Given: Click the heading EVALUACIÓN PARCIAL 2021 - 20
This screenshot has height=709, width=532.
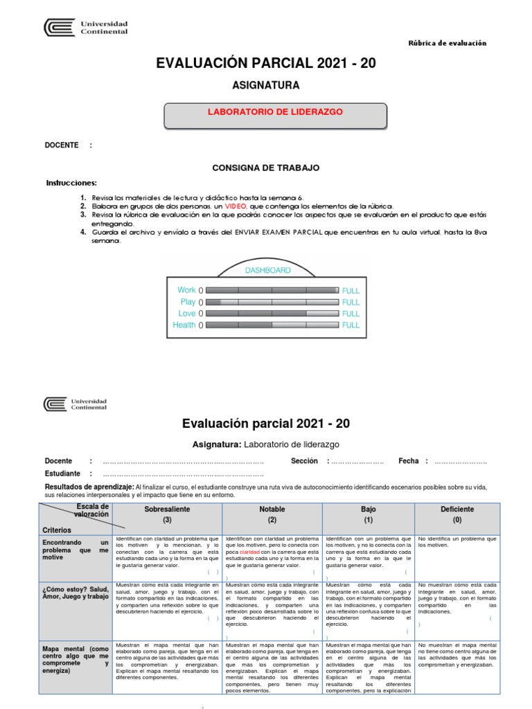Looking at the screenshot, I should (265, 63).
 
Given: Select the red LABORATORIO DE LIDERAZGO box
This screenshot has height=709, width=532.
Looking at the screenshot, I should (276, 112).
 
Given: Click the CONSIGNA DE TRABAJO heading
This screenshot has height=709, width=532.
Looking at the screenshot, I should (265, 168).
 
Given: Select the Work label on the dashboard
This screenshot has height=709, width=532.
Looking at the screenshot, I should (186, 290).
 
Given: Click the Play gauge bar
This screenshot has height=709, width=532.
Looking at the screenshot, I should (272, 302).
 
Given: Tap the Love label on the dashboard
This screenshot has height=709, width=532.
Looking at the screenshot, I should (187, 314).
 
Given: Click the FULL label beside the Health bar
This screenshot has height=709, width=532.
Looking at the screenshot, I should (351, 325).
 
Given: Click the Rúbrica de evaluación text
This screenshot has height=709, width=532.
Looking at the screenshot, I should (449, 43).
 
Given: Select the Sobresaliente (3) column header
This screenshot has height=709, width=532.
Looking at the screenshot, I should (167, 514).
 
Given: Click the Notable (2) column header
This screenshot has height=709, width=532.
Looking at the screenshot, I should (272, 514).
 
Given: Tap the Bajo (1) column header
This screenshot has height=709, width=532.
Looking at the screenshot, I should (368, 514).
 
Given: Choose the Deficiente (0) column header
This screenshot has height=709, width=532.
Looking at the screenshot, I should (456, 514).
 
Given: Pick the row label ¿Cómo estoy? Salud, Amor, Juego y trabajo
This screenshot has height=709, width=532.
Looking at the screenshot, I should (76, 591).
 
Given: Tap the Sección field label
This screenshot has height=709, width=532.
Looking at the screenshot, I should (304, 460).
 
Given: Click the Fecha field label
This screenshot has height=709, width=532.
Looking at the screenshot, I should (409, 460).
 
